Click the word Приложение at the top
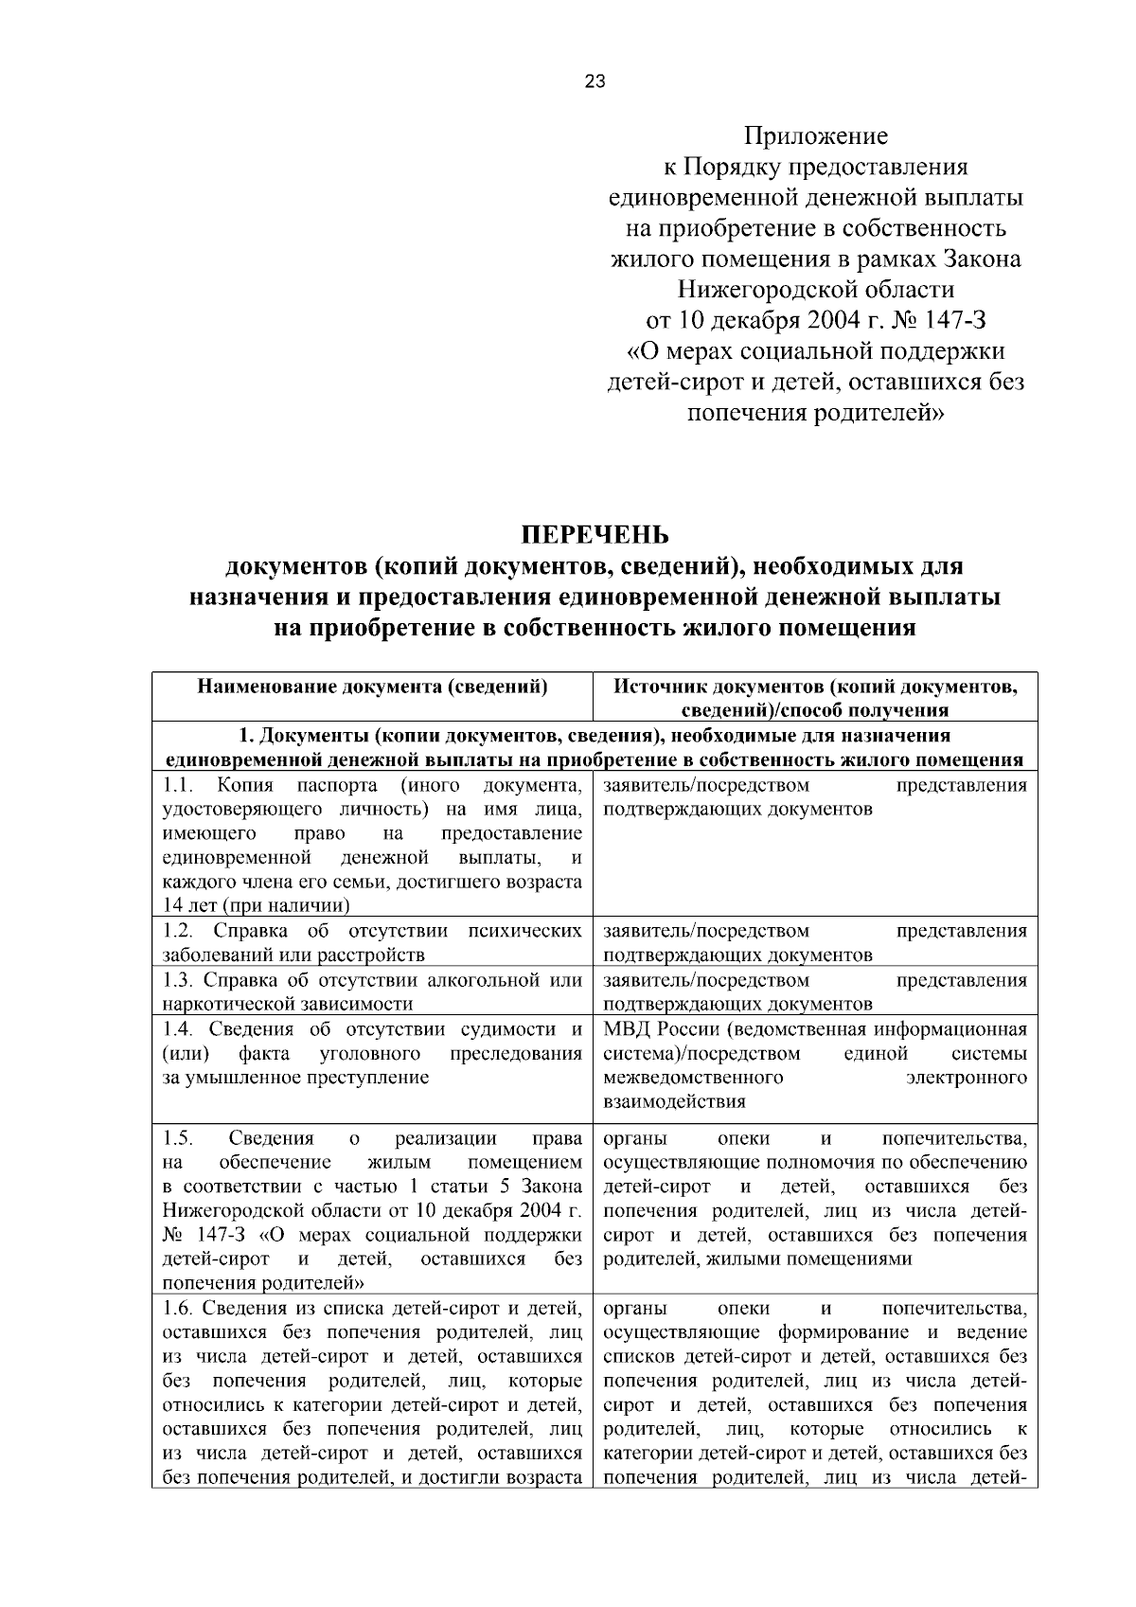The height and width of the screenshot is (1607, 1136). (x=815, y=137)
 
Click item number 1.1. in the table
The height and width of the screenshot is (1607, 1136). (x=178, y=786)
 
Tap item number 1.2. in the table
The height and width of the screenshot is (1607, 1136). (x=178, y=931)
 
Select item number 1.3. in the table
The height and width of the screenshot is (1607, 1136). (x=178, y=980)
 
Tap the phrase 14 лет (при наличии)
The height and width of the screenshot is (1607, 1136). (x=249, y=905)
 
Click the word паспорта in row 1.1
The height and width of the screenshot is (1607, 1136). (x=336, y=786)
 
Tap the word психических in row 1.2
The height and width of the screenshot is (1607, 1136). (x=524, y=931)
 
